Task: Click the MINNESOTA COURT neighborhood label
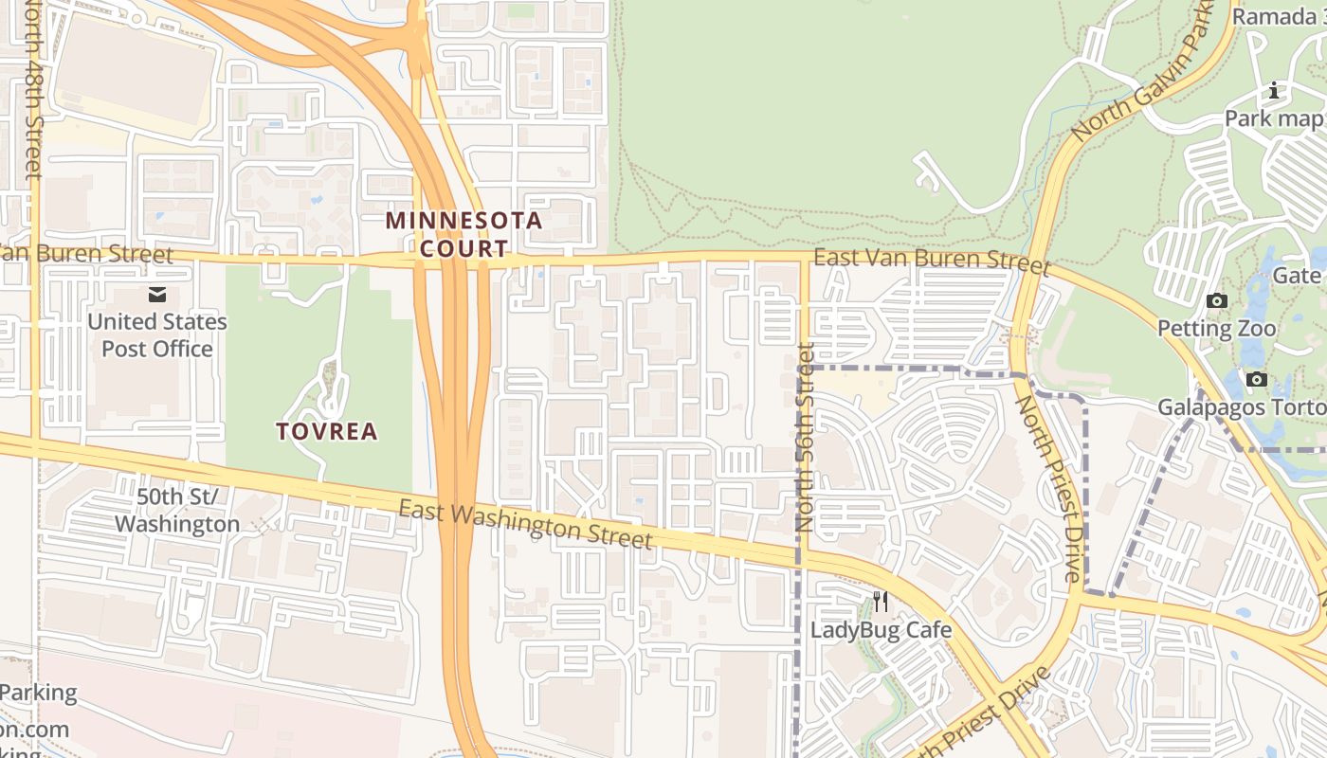click(x=464, y=235)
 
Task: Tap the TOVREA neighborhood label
click(x=327, y=432)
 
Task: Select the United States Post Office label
click(x=157, y=335)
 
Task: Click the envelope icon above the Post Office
click(x=157, y=295)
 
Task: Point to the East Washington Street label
click(x=525, y=524)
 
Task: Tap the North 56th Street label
click(x=805, y=437)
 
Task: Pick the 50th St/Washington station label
click(x=177, y=511)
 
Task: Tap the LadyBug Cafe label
click(x=881, y=630)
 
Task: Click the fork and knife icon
click(x=881, y=601)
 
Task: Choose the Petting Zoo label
click(x=1216, y=329)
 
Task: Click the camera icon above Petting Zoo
click(x=1216, y=301)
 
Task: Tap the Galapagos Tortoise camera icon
click(x=1257, y=380)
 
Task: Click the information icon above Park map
click(x=1274, y=91)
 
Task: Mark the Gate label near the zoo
click(x=1298, y=276)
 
